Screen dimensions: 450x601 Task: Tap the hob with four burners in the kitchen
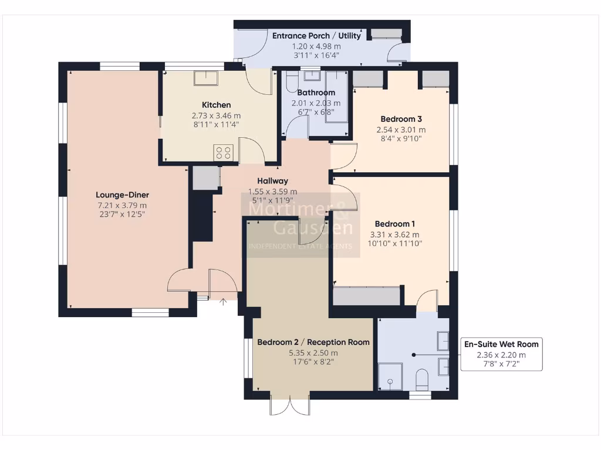[224, 152]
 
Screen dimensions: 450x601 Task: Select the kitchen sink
[205, 79]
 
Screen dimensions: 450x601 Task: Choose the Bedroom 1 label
[395, 224]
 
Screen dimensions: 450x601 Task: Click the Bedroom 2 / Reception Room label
[313, 342]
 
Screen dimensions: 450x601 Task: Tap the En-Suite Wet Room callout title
[501, 344]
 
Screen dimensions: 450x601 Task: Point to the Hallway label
[272, 181]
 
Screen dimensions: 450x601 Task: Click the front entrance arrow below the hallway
[223, 302]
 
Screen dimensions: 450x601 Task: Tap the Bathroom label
[316, 93]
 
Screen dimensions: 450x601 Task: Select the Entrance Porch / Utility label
[317, 36]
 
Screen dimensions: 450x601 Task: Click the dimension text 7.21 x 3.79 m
[123, 205]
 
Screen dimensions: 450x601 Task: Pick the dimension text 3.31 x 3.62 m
[395, 234]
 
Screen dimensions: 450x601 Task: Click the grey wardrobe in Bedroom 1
[367, 296]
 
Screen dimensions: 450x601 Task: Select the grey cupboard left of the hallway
[204, 178]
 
